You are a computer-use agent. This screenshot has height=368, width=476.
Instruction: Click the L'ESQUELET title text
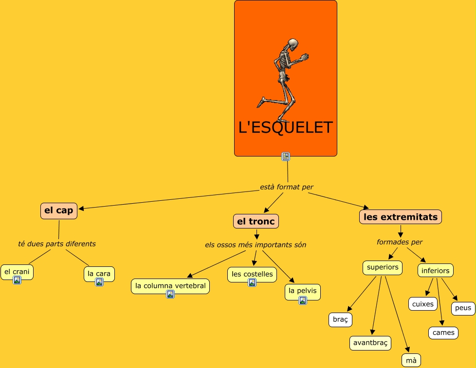(286, 127)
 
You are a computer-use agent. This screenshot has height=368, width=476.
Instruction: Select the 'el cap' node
(58, 211)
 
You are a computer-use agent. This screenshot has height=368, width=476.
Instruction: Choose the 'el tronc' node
(256, 222)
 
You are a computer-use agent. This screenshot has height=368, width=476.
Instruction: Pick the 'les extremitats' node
(401, 217)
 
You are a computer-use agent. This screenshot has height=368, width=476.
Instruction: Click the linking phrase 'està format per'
(287, 187)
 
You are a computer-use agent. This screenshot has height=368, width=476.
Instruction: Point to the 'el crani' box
(17, 271)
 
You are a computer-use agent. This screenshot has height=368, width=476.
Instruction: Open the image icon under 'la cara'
(99, 282)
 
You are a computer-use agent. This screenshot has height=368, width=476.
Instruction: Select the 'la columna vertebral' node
(170, 286)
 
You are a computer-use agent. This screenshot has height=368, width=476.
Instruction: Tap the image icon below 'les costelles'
(252, 282)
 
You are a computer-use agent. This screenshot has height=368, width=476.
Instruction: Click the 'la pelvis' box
(302, 291)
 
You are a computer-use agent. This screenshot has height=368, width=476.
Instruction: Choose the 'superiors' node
(383, 267)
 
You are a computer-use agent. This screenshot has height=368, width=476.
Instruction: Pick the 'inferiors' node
(436, 271)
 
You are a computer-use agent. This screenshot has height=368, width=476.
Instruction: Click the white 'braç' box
(340, 319)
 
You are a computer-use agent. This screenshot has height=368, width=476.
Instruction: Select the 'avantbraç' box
(370, 343)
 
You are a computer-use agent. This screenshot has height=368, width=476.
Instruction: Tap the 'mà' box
(411, 360)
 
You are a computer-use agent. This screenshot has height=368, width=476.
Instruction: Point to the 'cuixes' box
(422, 304)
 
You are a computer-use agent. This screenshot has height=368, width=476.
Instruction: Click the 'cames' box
(443, 333)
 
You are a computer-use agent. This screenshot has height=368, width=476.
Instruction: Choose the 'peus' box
(463, 308)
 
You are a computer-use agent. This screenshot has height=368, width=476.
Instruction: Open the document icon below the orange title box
(286, 157)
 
